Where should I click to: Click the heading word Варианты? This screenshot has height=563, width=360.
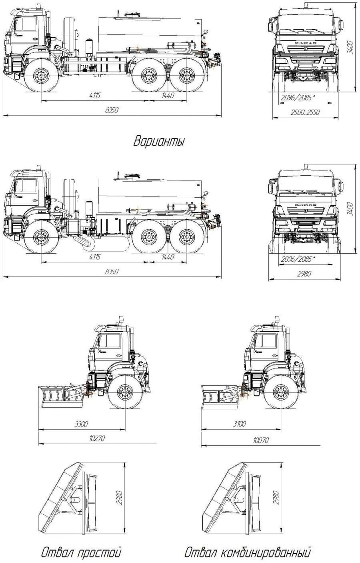point(159,142)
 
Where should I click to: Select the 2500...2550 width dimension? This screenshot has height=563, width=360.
point(306,112)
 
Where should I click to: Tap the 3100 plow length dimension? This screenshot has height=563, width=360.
point(239,424)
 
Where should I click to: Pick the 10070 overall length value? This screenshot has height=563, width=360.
point(260,440)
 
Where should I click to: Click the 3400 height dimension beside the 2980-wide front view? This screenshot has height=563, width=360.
point(350,208)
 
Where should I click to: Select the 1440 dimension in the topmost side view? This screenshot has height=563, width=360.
point(168,95)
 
